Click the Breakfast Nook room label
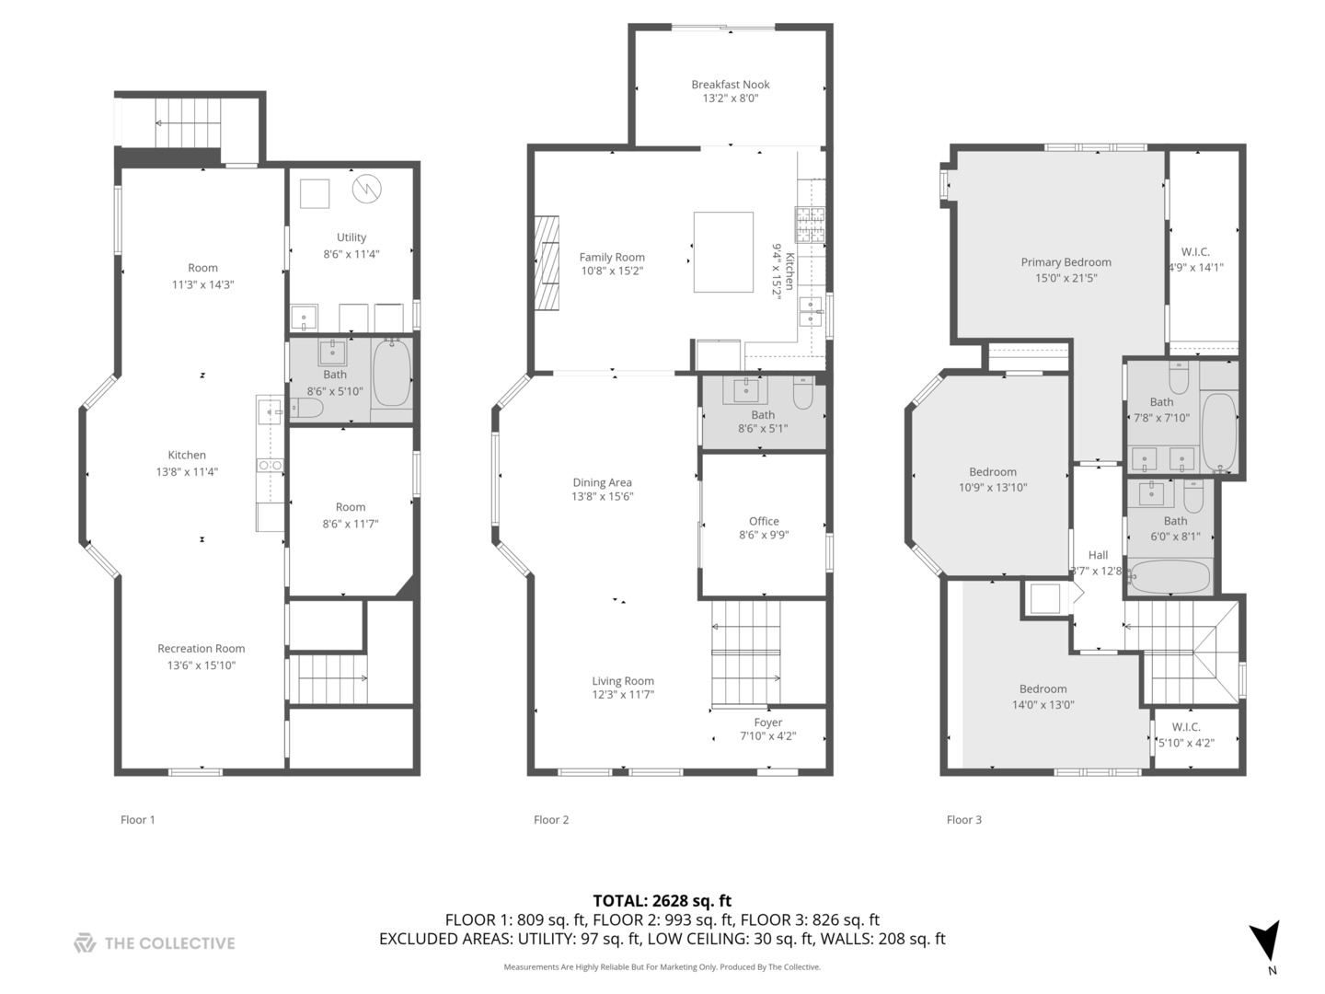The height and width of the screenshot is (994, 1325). click(730, 85)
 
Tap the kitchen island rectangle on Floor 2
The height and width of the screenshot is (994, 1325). click(723, 251)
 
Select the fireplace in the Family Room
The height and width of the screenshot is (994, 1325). click(547, 263)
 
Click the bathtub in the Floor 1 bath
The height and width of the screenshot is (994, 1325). click(392, 373)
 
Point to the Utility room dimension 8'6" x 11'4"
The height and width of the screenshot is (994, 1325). click(351, 254)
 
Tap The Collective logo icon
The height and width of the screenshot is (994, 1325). click(85, 942)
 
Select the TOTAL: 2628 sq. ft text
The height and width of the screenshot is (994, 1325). click(662, 900)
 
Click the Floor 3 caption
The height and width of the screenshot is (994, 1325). click(964, 819)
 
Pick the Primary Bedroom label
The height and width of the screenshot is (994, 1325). click(1066, 262)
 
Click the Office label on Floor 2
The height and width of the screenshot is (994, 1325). click(764, 521)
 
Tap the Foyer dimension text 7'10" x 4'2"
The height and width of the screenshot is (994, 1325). click(767, 735)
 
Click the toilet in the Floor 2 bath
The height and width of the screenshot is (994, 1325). click(803, 393)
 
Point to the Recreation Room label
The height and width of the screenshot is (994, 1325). click(201, 648)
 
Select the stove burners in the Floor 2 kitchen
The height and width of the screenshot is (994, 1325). click(810, 225)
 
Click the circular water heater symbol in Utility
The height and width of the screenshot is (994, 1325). click(366, 189)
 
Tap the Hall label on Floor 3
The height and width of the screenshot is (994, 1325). click(1098, 555)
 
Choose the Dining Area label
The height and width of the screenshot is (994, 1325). click(602, 482)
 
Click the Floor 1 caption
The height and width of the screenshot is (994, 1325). click(138, 819)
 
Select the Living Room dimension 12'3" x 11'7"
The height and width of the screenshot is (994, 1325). click(623, 695)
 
